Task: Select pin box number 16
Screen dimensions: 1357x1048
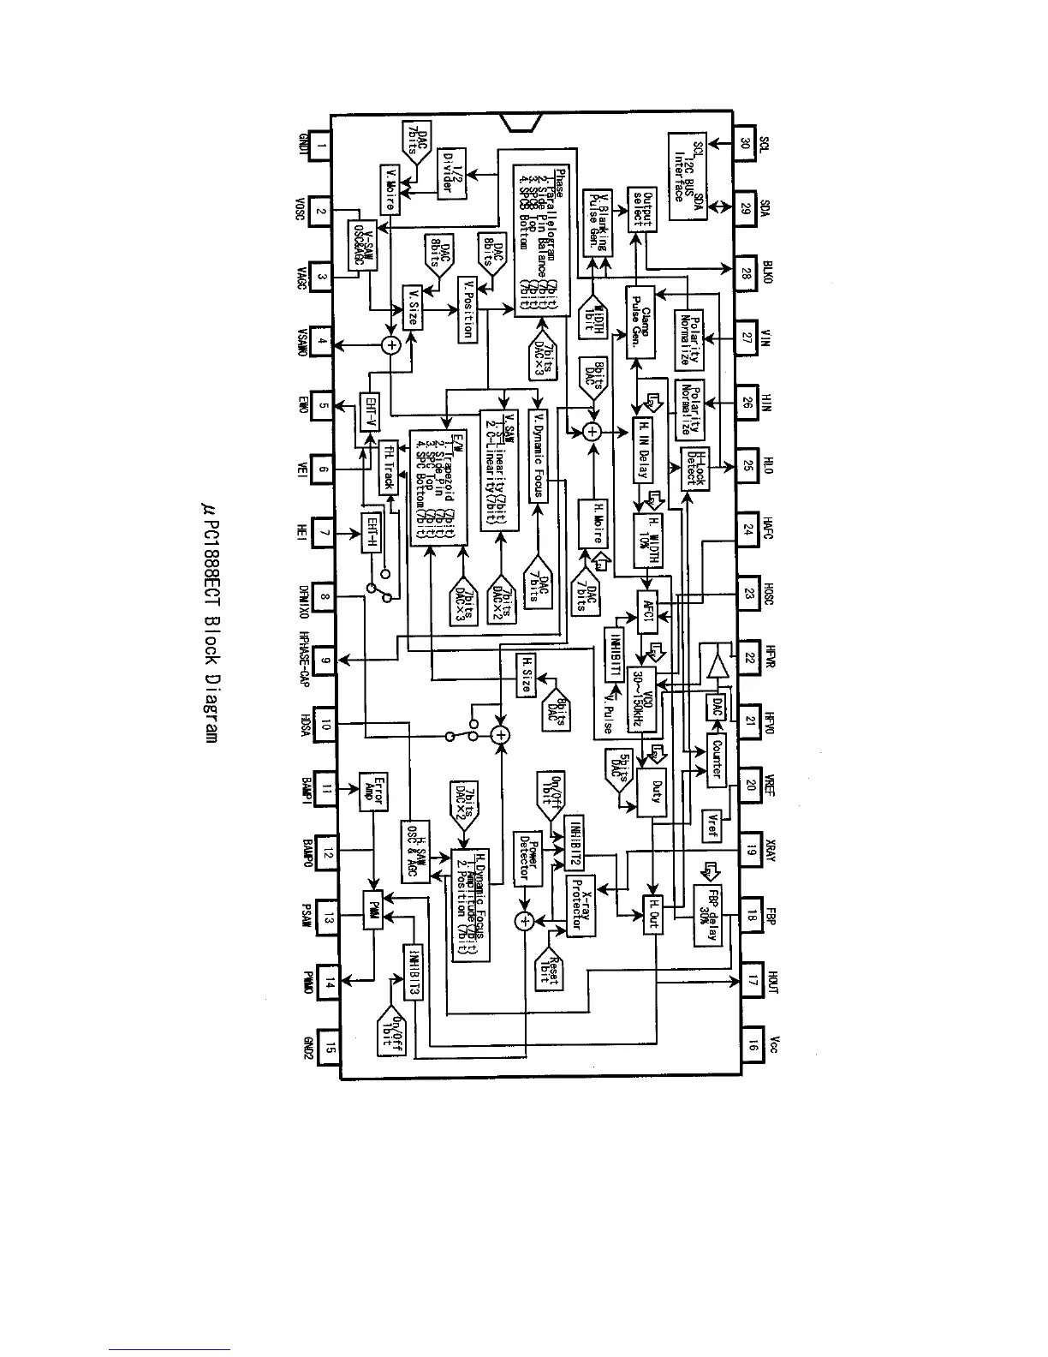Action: (x=751, y=1044)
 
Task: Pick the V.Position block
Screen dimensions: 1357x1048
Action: (x=467, y=309)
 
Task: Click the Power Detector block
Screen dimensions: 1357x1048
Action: (x=526, y=858)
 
